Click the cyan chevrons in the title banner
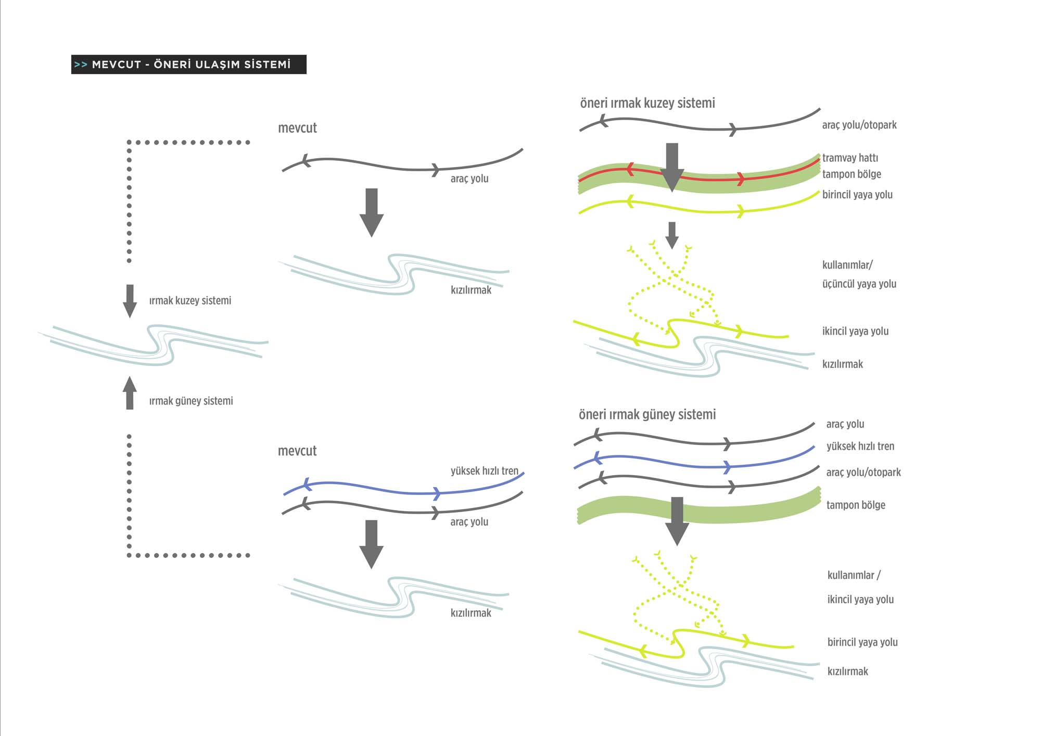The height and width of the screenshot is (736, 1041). pos(80,65)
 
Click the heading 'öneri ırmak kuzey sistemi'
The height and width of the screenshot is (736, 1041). pos(647,103)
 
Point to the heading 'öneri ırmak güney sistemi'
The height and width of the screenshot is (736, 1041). pos(647,414)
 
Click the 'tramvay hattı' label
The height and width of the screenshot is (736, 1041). pos(850,158)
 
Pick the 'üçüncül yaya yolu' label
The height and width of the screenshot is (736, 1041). pos(859,284)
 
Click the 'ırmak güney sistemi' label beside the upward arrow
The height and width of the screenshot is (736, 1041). pos(191,401)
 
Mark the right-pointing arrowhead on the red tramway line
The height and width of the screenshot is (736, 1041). pos(740,180)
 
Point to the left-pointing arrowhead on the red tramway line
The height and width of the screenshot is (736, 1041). pos(630,170)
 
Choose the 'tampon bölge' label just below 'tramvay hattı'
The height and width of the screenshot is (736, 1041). pos(852,174)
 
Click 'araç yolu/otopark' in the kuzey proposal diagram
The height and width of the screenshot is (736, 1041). pos(859,125)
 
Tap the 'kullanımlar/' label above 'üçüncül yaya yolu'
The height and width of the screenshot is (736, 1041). pos(847,265)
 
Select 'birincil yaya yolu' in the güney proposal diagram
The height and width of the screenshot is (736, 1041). pos(862,642)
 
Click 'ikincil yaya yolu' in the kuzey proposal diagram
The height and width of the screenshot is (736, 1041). pos(855,331)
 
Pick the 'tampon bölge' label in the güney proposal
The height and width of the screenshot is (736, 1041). pos(856,505)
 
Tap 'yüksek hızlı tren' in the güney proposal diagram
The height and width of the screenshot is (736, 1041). pos(860,446)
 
